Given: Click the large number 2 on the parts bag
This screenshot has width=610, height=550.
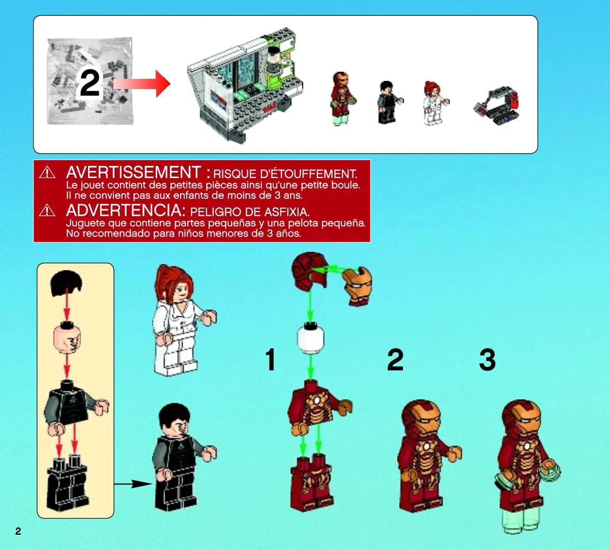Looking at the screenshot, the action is [x=90, y=83].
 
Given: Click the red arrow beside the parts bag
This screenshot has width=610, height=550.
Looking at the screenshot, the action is [x=142, y=83].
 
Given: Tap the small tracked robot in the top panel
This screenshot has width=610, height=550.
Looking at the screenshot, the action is [x=497, y=105].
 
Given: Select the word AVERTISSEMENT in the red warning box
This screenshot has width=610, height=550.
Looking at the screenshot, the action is [x=133, y=172].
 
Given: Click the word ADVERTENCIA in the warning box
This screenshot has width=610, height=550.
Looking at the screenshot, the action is [x=124, y=211].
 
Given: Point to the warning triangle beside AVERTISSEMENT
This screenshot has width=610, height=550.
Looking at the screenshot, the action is [x=47, y=172].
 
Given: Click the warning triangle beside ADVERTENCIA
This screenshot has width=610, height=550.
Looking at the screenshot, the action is [x=47, y=210].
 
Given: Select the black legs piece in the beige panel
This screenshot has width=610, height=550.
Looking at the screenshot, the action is [x=67, y=482].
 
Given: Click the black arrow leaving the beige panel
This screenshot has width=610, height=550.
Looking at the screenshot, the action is [x=133, y=484].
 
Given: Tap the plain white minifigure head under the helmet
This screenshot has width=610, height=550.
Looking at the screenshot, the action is [x=310, y=339].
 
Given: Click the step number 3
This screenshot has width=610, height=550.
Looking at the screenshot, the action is [x=487, y=359].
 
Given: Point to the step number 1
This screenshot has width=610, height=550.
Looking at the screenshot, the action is [x=271, y=359].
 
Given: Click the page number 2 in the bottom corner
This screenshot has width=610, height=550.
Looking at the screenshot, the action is [x=18, y=531].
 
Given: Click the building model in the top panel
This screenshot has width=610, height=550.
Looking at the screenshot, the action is [x=245, y=85].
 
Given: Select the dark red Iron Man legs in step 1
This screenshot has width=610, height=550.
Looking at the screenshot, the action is [x=311, y=482].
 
